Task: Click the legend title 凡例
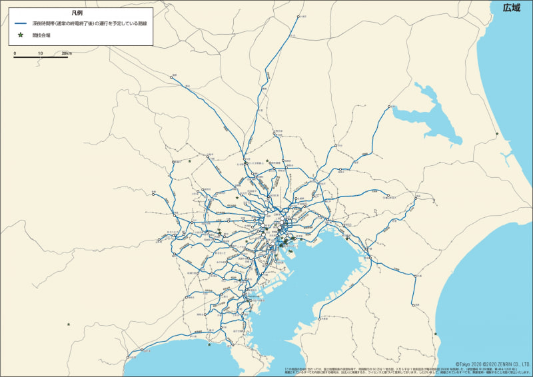pyautogui.click(x=77, y=13)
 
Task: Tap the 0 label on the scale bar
pyautogui.click(x=15, y=52)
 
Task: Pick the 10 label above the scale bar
pyautogui.click(x=40, y=52)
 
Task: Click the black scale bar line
pyautogui.click(x=41, y=57)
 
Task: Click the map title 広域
pyautogui.click(x=512, y=8)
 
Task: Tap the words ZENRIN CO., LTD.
pyautogui.click(x=515, y=364)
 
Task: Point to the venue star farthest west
pyautogui.click(x=68, y=324)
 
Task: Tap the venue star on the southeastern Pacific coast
pyautogui.click(x=436, y=333)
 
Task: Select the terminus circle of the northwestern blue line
pyautogui.click(x=171, y=77)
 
